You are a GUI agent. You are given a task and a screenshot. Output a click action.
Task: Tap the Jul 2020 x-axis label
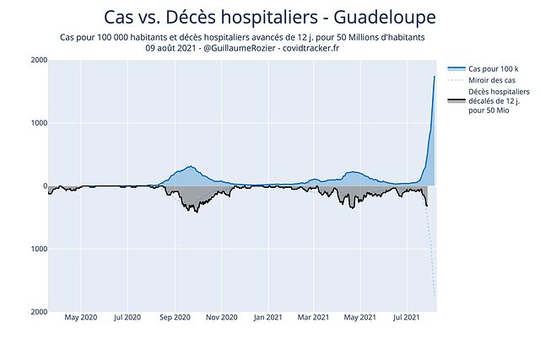[128, 319]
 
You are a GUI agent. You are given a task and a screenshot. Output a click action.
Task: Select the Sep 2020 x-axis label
[175, 319]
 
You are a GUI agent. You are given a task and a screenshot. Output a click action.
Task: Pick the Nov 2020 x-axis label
[221, 319]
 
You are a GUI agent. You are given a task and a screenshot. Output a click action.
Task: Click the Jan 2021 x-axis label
[267, 319]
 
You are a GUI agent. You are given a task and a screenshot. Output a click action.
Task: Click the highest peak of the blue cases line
[435, 77]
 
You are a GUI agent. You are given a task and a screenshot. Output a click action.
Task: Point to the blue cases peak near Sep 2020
[191, 166]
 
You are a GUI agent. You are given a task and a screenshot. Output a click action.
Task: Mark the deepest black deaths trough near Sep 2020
[197, 212]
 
